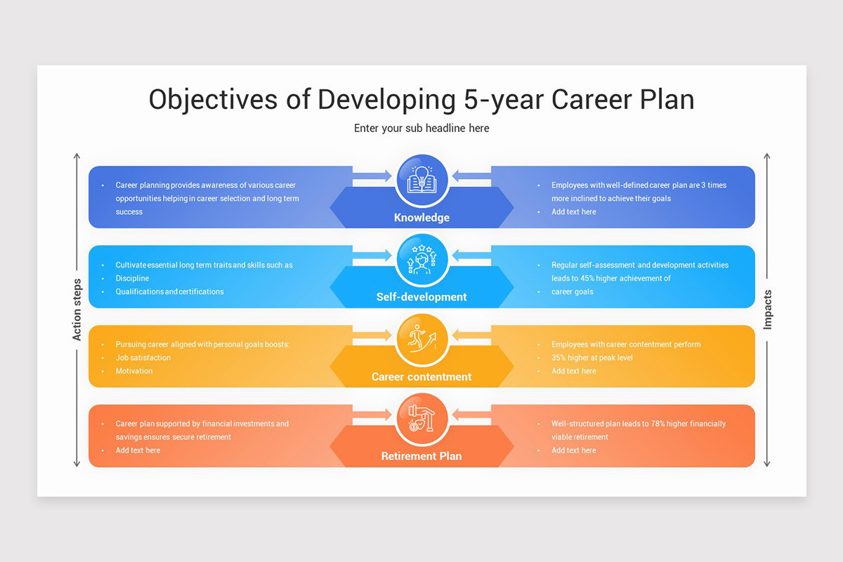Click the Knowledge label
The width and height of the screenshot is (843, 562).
tap(421, 218)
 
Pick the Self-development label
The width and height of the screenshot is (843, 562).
tap(421, 297)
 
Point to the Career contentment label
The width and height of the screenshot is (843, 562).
tap(421, 377)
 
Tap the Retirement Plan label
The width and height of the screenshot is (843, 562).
tap(421, 457)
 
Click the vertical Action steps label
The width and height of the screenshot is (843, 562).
tap(77, 310)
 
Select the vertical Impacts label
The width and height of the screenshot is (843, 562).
tap(767, 310)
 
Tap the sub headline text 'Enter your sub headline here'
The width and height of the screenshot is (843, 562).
tap(421, 129)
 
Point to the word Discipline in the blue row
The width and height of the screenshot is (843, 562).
tap(132, 278)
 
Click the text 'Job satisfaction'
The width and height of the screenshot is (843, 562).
tap(143, 358)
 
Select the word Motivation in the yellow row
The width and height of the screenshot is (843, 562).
tap(134, 371)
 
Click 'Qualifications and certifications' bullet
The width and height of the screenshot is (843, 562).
tap(169, 292)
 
